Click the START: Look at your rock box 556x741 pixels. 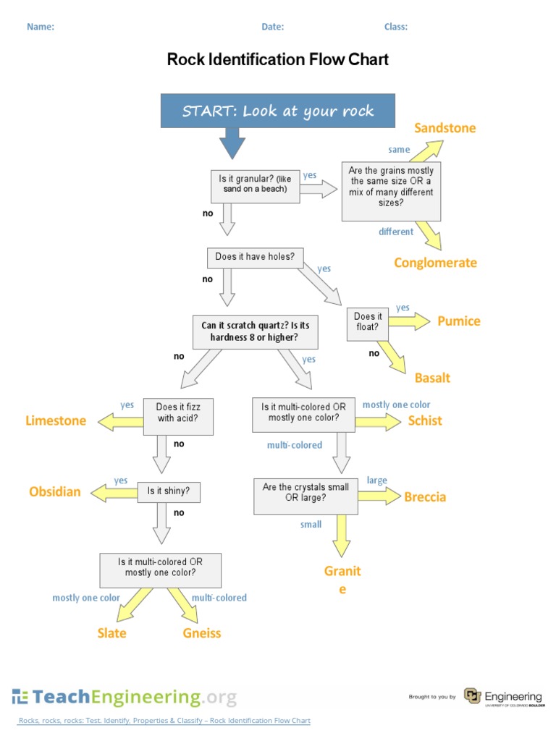[278, 111]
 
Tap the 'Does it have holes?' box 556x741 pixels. [256, 257]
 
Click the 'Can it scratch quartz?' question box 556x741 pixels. [255, 331]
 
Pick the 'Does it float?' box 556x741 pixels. [368, 322]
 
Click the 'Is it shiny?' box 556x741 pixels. [169, 492]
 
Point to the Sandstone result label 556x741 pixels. [445, 128]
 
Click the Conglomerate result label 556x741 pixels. [435, 263]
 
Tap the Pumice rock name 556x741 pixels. [458, 321]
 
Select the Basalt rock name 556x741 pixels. [432, 378]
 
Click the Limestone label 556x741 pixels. [56, 420]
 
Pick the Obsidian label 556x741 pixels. [55, 492]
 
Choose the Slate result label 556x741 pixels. [111, 633]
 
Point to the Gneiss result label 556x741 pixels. [202, 633]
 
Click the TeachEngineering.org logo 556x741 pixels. [124, 697]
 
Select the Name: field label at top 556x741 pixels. [41, 27]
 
